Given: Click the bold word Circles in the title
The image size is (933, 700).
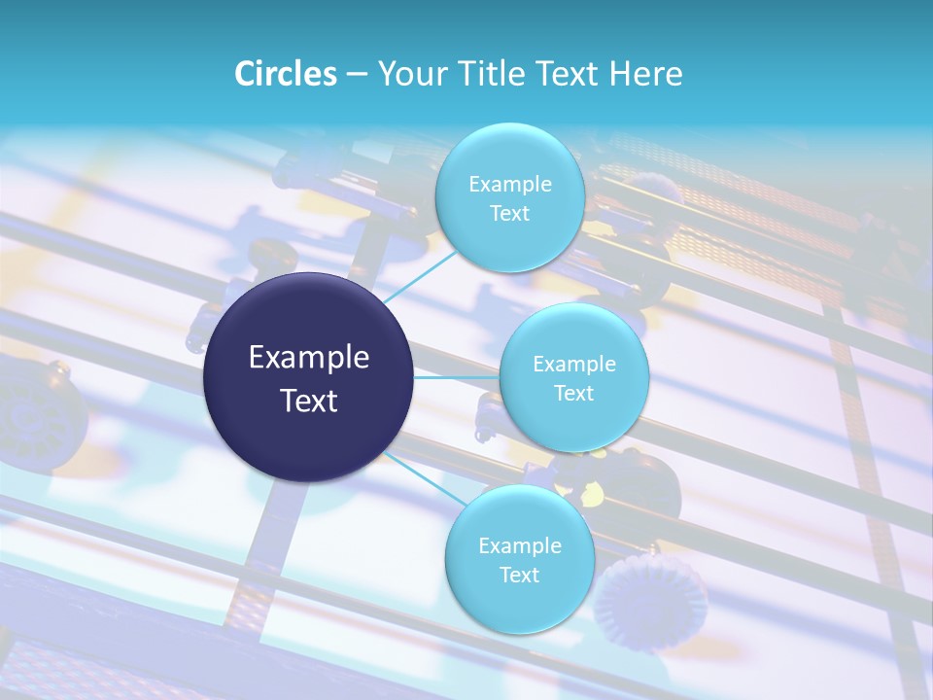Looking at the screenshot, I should pyautogui.click(x=285, y=74).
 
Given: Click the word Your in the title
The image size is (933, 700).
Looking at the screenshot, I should pyautogui.click(x=413, y=74).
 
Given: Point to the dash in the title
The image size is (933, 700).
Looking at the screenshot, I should pyautogui.click(x=357, y=75).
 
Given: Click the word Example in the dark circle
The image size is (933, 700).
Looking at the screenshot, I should pyautogui.click(x=309, y=358).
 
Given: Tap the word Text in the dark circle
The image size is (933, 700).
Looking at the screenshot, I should pyautogui.click(x=309, y=401).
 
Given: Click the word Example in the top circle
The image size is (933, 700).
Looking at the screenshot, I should pyautogui.click(x=509, y=184).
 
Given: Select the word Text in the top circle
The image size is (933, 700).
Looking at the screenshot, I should pyautogui.click(x=509, y=213).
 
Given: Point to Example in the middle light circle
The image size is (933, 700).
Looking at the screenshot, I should pyautogui.click(x=573, y=364).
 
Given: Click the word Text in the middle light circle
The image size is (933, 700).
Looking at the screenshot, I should pyautogui.click(x=573, y=393).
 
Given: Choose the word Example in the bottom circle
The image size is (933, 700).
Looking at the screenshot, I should pyautogui.click(x=519, y=545).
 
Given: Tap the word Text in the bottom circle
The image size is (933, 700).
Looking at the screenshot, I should pyautogui.click(x=519, y=575).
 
